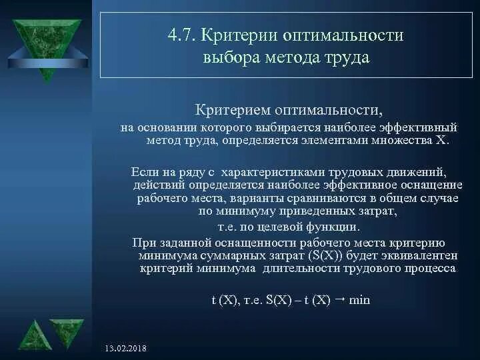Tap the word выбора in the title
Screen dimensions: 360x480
pyautogui.click(x=230, y=57)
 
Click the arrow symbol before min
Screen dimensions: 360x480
pyautogui.click(x=339, y=299)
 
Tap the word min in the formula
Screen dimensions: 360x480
pyautogui.click(x=359, y=300)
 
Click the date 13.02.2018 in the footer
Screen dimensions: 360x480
pyautogui.click(x=126, y=349)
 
